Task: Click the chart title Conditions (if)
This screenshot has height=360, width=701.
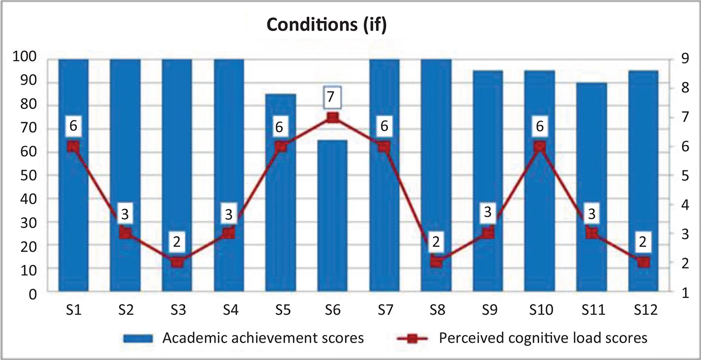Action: pyautogui.click(x=327, y=25)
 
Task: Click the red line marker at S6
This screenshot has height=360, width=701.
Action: pyautogui.click(x=333, y=117)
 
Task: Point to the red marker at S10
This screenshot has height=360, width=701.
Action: pyautogui.click(x=540, y=146)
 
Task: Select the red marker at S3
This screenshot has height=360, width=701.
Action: pyautogui.click(x=177, y=262)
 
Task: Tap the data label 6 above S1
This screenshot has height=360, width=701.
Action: pyautogui.click(x=73, y=126)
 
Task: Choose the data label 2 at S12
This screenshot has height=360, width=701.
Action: pyautogui.click(x=643, y=241)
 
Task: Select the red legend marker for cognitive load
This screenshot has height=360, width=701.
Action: pyautogui.click(x=413, y=339)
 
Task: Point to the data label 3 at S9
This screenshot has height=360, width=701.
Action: pyautogui.click(x=488, y=213)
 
